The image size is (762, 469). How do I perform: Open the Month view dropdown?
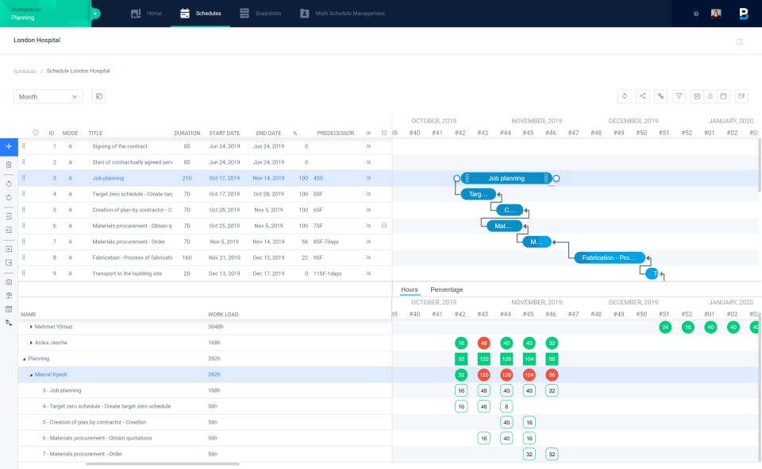[48, 96]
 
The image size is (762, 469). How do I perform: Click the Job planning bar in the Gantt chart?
[506, 178]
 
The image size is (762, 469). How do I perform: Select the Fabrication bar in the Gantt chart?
[609, 258]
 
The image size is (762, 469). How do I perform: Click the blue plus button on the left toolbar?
[9, 146]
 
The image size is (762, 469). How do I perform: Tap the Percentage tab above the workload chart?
[446, 289]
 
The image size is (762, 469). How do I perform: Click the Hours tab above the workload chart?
[410, 289]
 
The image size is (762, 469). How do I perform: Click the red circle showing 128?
[506, 374]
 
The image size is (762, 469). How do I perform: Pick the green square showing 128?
[506, 359]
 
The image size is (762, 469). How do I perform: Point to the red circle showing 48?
[483, 343]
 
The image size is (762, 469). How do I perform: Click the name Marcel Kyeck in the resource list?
[51, 374]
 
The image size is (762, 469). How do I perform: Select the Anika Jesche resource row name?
[51, 343]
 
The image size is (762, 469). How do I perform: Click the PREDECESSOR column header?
[335, 133]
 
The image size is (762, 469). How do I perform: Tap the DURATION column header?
[187, 133]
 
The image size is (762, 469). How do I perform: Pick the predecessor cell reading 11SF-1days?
[328, 273]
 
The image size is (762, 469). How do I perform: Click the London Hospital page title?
[37, 40]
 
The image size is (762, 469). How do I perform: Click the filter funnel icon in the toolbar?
[679, 96]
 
